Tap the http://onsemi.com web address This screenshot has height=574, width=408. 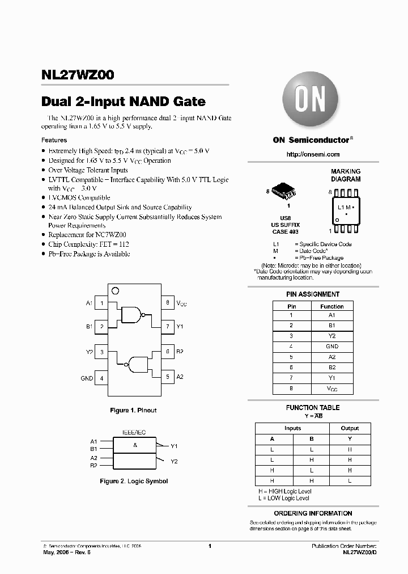tap(313, 154)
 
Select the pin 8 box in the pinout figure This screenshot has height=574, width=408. tap(168, 303)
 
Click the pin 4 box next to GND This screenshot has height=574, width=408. tap(102, 378)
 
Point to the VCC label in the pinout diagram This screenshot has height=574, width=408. tap(181, 303)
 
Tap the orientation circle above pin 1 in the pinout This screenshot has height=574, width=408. tap(115, 291)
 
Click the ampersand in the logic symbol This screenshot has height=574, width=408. tap(135, 445)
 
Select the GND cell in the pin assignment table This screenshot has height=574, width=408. tap(332, 346)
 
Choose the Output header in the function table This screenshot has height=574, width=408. tap(350, 428)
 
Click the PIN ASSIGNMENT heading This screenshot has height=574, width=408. tap(313, 294)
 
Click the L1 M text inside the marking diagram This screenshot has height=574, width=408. tap(345, 208)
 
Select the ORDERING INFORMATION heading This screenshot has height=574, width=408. tap(313, 513)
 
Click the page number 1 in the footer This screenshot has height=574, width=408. tap(210, 546)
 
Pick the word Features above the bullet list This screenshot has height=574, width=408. tap(54, 140)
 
